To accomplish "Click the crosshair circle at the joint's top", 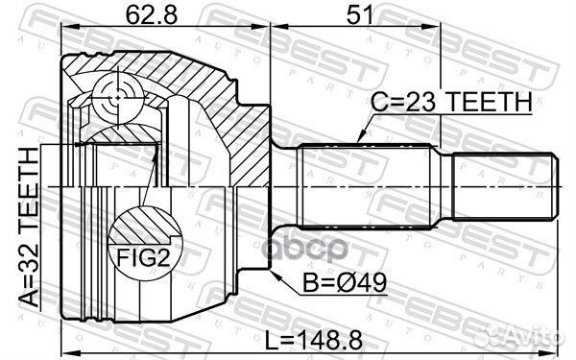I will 114,94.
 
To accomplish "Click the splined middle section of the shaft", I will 363,183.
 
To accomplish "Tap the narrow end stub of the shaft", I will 503,183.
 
